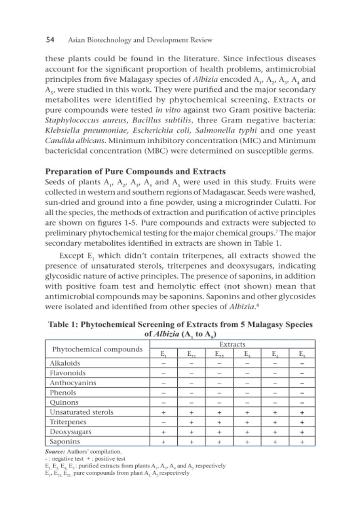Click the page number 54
click(50, 40)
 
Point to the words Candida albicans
click(70, 141)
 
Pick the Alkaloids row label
click(65, 363)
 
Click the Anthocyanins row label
click(73, 383)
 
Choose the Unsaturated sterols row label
click(82, 412)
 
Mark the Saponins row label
click(65, 441)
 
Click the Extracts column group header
click(232, 344)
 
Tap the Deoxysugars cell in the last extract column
click(302, 432)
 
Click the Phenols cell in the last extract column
click(302, 393)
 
